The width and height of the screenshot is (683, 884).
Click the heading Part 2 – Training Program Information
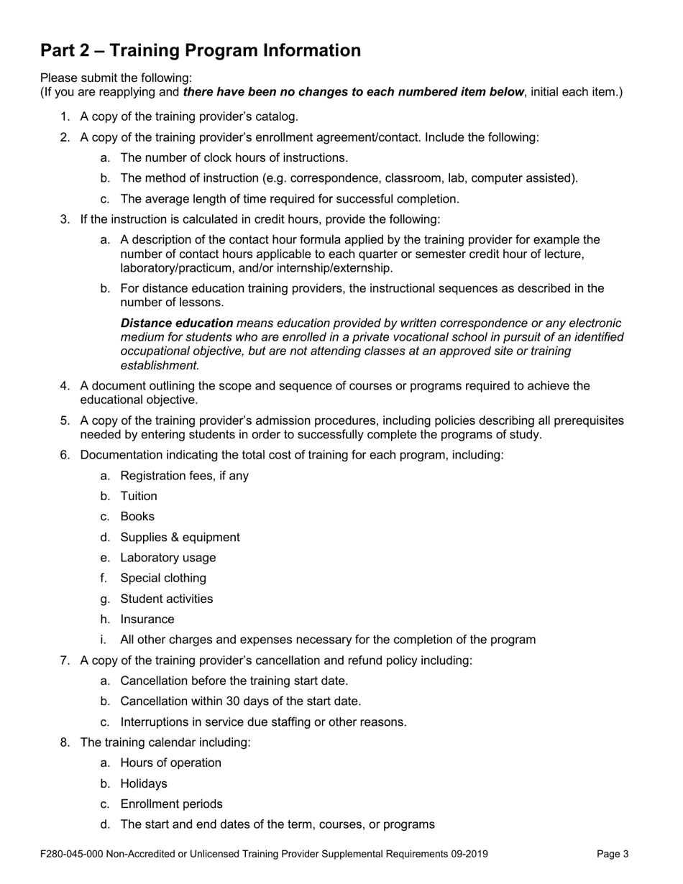point(201,50)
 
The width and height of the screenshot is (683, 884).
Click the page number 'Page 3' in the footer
point(613,854)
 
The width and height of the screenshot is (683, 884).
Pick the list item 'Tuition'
point(139,496)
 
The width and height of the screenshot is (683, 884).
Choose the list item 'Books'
point(137,517)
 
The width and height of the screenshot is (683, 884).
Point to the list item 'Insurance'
point(147,619)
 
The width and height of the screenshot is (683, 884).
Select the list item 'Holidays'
point(144,783)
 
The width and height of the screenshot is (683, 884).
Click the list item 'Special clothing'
point(163,578)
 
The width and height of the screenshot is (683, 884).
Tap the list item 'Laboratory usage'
point(168,558)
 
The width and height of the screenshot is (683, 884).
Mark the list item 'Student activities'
point(167,599)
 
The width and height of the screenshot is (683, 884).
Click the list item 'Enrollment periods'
point(171,804)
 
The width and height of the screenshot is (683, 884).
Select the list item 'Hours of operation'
point(170,763)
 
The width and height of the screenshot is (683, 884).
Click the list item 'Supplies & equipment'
point(180,537)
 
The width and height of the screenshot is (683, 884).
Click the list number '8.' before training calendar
point(65,742)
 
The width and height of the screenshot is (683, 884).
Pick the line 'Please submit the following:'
point(116,78)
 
